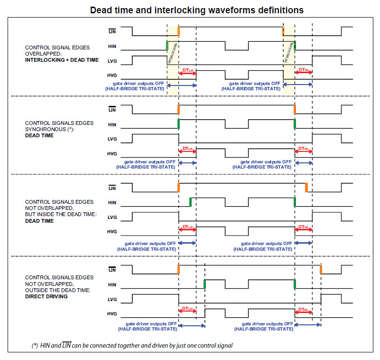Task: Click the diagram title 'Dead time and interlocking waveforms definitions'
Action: [196, 9]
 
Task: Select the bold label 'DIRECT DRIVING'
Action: [46, 296]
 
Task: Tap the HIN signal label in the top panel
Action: [112, 47]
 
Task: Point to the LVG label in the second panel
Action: [112, 139]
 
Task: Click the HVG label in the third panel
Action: [112, 231]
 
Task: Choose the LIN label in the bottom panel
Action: [112, 270]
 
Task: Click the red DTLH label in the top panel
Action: [187, 70]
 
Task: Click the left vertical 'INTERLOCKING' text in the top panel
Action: [174, 52]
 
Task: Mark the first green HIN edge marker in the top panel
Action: [167, 46]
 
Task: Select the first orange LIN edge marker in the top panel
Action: [178, 31]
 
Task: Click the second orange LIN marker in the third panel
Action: [306, 187]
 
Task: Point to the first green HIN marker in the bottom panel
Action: [204, 284]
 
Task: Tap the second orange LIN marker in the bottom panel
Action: [321, 269]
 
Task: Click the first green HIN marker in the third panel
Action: [190, 201]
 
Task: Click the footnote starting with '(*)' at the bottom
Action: [132, 345]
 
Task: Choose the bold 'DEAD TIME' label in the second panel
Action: [39, 135]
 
